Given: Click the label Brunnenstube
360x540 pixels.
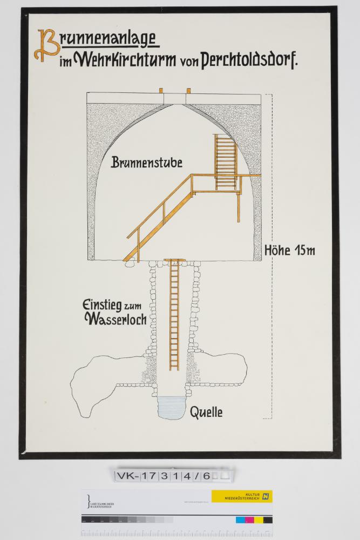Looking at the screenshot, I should [x=147, y=163].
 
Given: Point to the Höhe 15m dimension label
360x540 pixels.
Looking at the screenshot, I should [x=290, y=251].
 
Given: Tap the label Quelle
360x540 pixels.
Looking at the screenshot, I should [x=206, y=413].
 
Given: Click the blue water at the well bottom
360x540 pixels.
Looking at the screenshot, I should [x=172, y=406].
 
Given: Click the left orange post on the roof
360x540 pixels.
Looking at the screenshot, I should [x=161, y=90].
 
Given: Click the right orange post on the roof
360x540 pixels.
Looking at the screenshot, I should [x=188, y=90].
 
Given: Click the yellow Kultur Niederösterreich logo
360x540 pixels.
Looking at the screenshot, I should [x=241, y=496].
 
